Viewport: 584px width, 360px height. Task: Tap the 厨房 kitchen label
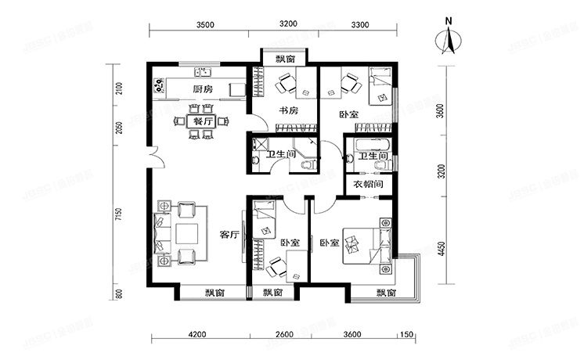point(203,89)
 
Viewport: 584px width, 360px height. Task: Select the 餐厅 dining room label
point(203,121)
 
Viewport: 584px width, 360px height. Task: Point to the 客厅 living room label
point(229,234)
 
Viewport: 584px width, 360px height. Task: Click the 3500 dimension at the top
point(205,24)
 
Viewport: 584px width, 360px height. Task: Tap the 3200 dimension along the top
point(288,24)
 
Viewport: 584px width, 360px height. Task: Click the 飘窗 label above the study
point(284,59)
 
